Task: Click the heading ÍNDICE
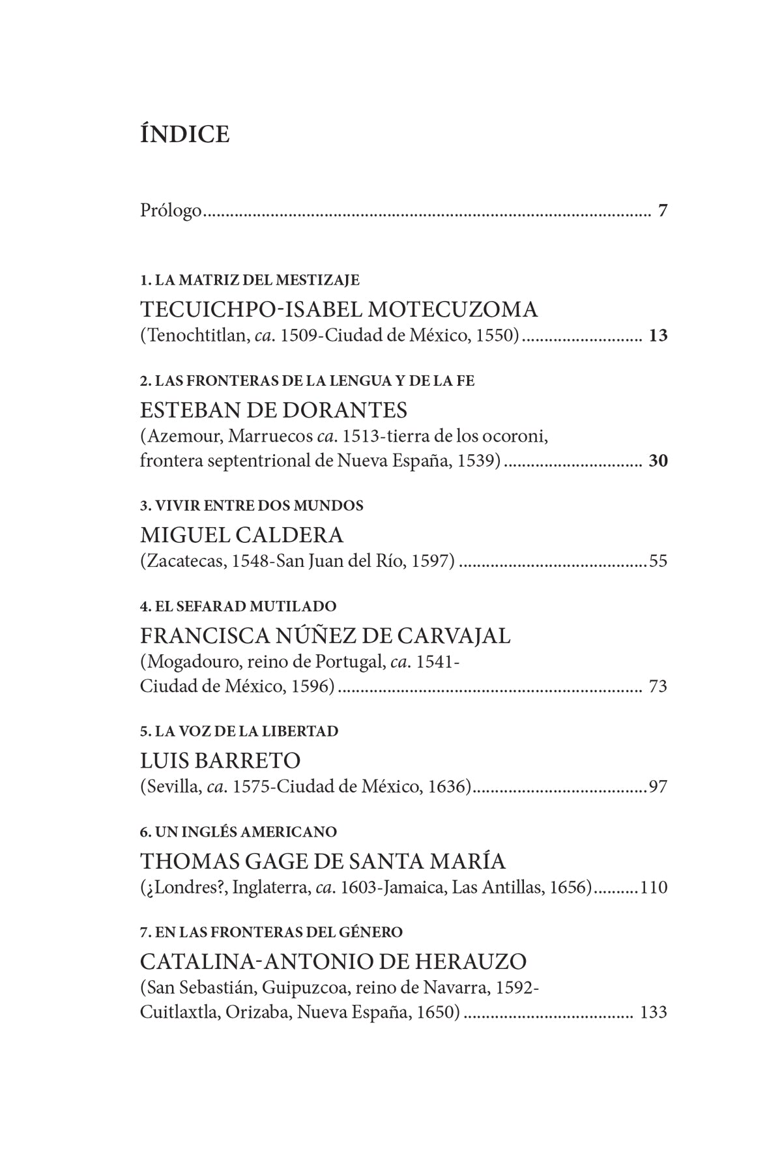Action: click(184, 134)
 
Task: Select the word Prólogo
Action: click(171, 211)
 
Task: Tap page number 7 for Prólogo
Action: click(663, 211)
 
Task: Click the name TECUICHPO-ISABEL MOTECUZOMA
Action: click(339, 309)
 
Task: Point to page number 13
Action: click(658, 336)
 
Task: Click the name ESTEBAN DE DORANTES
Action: click(274, 410)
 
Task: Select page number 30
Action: click(658, 461)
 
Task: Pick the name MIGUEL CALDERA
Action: click(242, 535)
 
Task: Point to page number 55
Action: click(658, 561)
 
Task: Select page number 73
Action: click(658, 686)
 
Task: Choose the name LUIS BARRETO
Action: click(220, 760)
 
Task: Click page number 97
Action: click(658, 787)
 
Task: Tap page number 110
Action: click(654, 887)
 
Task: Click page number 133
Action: click(654, 1012)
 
